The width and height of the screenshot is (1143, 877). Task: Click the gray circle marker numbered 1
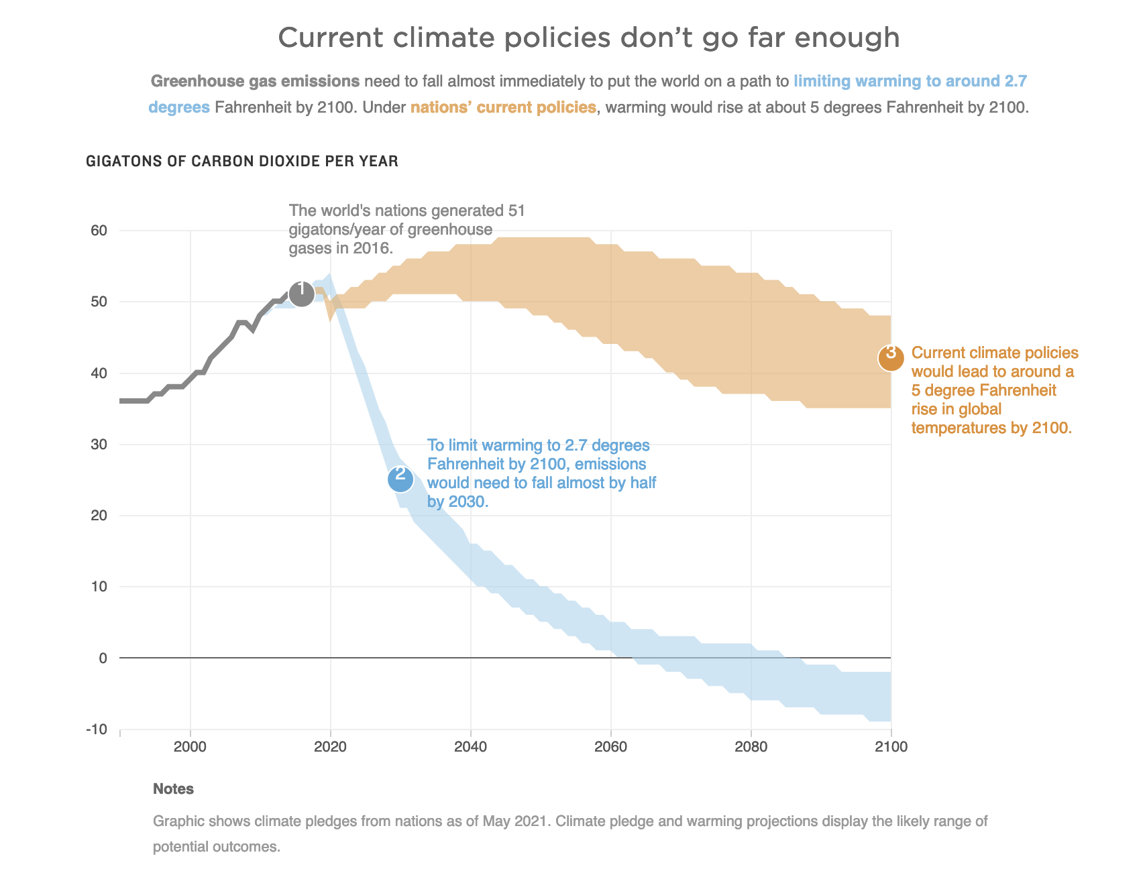[302, 293]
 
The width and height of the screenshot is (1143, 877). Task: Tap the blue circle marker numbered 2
[400, 479]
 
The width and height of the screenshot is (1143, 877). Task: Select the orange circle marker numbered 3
[891, 358]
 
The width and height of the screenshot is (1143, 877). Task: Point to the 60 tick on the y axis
[99, 231]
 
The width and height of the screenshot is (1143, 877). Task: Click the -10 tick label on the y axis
[97, 729]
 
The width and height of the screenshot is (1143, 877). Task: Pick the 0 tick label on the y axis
[103, 658]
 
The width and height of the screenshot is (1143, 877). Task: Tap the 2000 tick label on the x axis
[190, 747]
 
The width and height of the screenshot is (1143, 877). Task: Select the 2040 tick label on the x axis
[471, 747]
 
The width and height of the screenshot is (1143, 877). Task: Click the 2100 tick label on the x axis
[891, 747]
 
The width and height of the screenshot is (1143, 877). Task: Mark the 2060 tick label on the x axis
[611, 747]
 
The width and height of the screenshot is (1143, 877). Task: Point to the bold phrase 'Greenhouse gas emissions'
[256, 81]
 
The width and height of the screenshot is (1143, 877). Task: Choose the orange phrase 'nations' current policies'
[503, 107]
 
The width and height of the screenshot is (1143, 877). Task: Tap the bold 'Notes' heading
[173, 788]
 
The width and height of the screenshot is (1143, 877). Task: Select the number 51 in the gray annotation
[516, 211]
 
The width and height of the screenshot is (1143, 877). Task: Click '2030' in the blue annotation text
[466, 502]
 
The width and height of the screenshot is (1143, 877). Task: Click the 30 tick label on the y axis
[99, 445]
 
